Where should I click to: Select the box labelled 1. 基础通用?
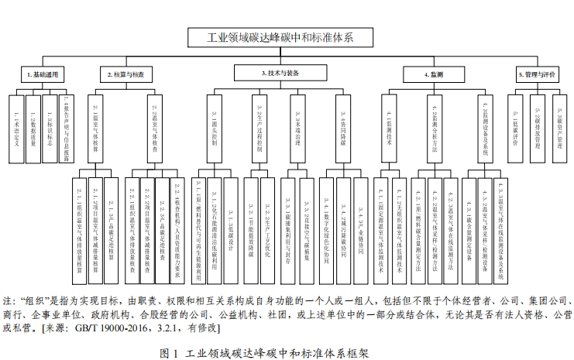point(41,74)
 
